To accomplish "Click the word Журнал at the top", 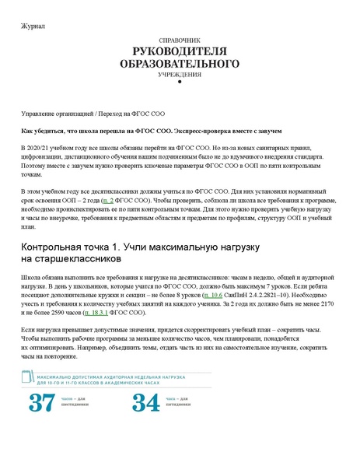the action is [33, 26].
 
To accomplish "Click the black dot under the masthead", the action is [180, 84].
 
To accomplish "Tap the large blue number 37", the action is [42, 403].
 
